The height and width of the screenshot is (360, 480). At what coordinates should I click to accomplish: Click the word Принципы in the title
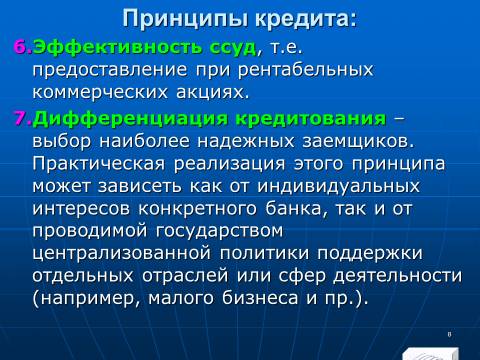point(186,19)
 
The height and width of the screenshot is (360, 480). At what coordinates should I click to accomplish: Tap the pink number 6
point(21,47)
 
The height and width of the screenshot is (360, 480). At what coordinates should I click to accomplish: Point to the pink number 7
point(21,118)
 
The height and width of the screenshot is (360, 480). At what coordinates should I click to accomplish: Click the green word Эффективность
point(118,47)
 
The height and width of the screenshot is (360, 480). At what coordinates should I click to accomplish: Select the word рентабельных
point(305,71)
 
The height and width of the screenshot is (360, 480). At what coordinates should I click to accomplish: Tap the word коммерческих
point(100,92)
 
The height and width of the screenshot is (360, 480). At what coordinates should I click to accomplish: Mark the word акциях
point(213,93)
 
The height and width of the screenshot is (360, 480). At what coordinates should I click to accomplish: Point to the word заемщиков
point(358,142)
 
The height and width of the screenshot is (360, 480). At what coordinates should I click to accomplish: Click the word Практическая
point(99,164)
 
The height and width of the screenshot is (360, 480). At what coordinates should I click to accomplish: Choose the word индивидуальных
point(338,187)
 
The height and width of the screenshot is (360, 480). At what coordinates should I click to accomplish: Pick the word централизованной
point(122,254)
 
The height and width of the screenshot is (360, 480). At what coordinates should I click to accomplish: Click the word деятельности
point(397,276)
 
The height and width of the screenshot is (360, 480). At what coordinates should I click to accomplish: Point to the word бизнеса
point(260,297)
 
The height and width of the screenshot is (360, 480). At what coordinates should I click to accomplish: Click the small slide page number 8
point(449,334)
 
